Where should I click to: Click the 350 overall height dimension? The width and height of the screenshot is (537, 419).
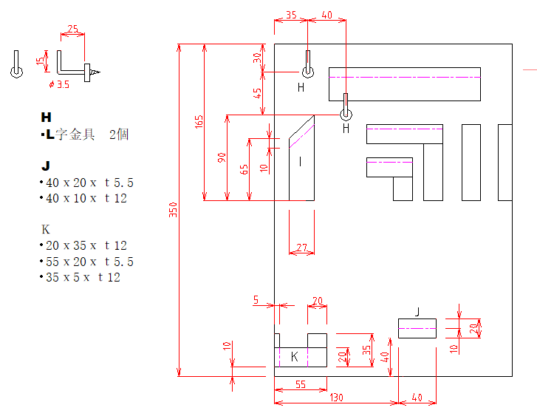click(174, 210)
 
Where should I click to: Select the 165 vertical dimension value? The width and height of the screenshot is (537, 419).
click(199, 122)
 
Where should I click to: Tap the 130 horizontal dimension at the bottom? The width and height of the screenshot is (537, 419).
click(336, 398)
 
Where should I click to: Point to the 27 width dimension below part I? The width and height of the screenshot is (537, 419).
click(301, 248)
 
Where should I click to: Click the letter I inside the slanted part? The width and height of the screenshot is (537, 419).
click(301, 161)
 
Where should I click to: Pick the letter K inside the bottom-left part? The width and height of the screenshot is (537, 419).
click(294, 357)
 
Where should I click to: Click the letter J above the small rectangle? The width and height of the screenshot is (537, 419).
click(417, 312)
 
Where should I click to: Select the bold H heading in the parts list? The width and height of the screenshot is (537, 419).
click(47, 117)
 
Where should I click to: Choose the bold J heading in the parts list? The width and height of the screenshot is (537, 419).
click(46, 166)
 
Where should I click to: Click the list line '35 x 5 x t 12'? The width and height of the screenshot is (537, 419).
click(80, 277)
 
